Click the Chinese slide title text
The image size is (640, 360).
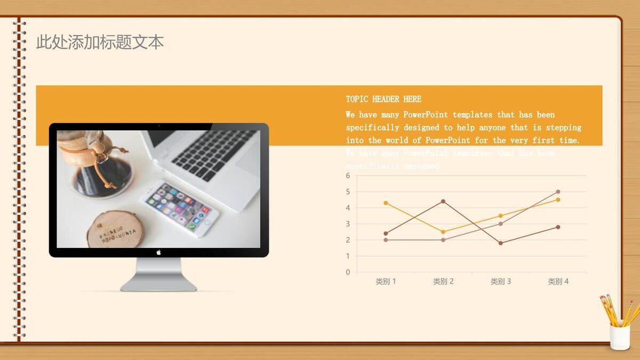point(100,42)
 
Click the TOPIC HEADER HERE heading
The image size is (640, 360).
point(383,99)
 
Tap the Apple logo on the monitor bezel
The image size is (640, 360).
point(158,252)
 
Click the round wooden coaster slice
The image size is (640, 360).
point(115,230)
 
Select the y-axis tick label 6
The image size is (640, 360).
point(348,175)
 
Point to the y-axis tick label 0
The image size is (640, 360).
point(348,272)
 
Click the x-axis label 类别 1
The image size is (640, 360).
point(386,282)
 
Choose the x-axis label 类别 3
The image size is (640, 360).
point(501,282)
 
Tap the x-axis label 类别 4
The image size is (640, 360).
point(558,282)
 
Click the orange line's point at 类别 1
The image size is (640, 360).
point(386,203)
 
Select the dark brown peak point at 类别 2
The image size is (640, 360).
point(443,201)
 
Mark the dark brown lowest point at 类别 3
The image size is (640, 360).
point(501,243)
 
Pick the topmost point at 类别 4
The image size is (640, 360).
point(558,191)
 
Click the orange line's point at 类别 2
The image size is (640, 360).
point(443,232)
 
